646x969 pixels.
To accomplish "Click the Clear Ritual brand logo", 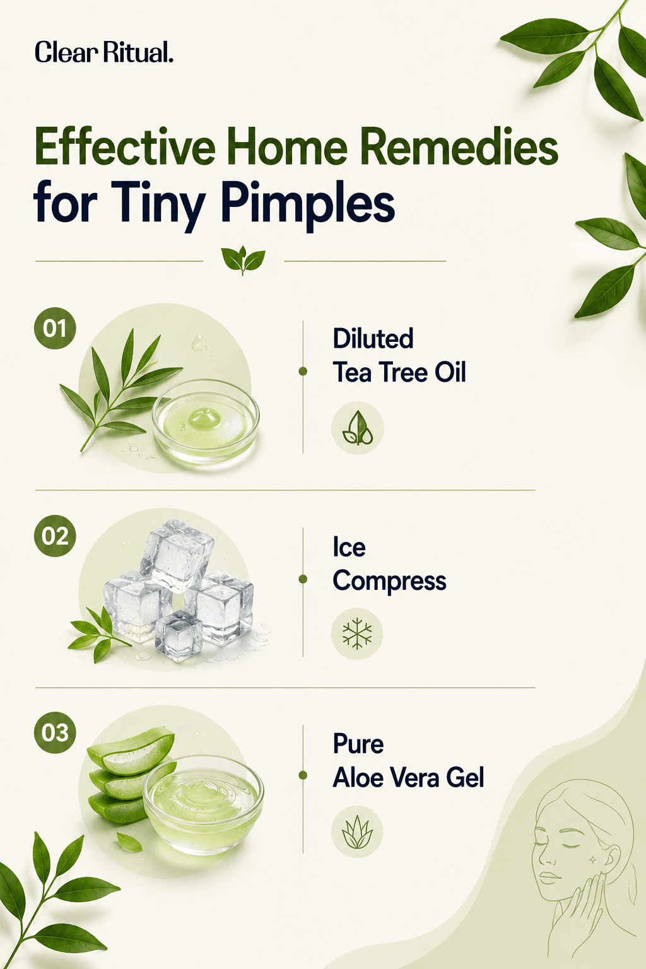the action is click(x=104, y=52).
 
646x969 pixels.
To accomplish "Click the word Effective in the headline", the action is click(x=125, y=146).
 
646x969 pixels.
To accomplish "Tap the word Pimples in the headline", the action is click(x=308, y=204).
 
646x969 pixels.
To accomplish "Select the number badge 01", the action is click(x=55, y=328).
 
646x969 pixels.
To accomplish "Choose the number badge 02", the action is click(x=55, y=536).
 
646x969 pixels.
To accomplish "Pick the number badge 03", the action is click(x=55, y=733).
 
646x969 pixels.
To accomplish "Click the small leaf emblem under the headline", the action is click(x=243, y=260).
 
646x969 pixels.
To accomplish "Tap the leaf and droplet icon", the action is click(x=358, y=428).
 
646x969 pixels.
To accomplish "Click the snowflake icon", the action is click(x=357, y=634).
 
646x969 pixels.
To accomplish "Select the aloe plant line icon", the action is click(x=357, y=831).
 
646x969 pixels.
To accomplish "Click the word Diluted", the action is click(x=373, y=338).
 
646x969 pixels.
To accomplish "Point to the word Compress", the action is click(x=389, y=582).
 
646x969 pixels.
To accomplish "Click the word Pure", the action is click(x=358, y=744).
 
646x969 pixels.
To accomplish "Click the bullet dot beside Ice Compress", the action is click(x=303, y=578).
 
